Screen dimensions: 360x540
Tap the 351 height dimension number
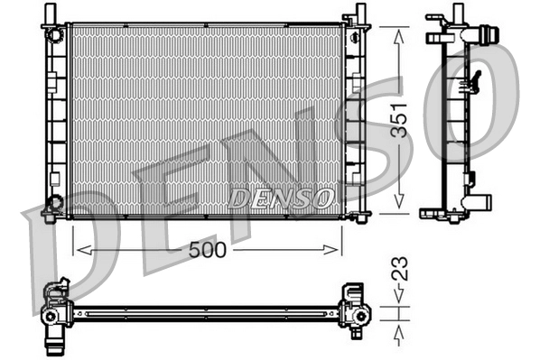click(399, 118)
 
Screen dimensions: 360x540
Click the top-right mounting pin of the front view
click(359, 12)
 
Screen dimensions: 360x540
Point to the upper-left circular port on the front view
click(57, 35)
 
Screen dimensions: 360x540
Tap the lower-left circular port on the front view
click(56, 202)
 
